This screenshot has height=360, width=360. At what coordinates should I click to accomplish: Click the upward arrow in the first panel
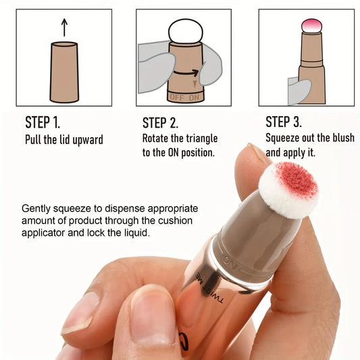pos(65,27)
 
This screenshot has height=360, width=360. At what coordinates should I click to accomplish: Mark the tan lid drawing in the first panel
pos(65,72)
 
